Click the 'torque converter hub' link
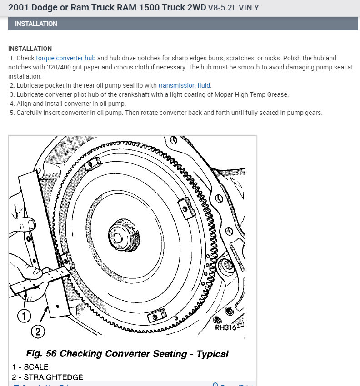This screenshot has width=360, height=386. tap(66, 59)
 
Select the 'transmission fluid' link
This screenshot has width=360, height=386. tap(185, 85)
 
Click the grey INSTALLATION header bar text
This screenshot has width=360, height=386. tap(36, 24)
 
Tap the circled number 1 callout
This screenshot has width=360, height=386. tap(24, 315)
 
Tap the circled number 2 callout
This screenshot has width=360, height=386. tap(37, 332)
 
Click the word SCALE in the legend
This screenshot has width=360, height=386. tap(36, 367)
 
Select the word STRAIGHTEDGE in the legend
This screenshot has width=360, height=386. tap(54, 377)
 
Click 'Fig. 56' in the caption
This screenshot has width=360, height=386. tap(41, 354)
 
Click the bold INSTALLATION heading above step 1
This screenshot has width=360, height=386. tap(30, 49)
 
